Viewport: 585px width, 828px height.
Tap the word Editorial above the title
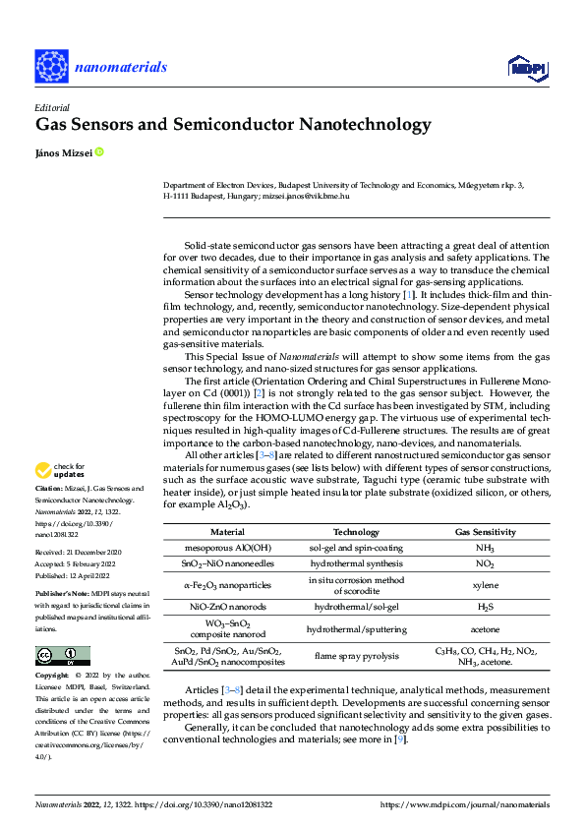tap(51, 107)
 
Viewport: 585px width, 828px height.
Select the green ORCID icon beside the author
tap(98, 152)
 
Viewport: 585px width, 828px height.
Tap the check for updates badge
tap(61, 470)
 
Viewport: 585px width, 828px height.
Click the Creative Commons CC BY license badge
tap(62, 656)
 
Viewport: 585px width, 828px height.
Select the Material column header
tap(227, 531)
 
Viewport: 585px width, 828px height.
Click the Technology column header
tap(356, 531)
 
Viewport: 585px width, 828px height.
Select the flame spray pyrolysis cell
tap(356, 656)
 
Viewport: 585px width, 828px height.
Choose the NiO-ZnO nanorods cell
tap(227, 608)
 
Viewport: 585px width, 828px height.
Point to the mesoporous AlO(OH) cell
tap(227, 547)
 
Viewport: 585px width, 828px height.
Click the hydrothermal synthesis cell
tap(356, 563)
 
